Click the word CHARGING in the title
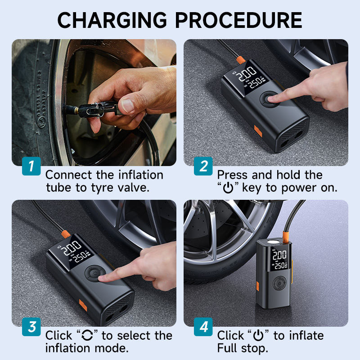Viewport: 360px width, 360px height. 112,20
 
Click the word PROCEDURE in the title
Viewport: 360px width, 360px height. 239,20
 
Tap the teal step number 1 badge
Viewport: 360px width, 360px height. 31,166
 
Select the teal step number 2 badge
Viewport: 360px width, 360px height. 203,166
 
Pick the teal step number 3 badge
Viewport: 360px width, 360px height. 31,327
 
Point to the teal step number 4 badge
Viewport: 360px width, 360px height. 203,327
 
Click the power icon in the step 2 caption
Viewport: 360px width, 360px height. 228,188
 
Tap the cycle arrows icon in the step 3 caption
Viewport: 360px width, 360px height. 87,335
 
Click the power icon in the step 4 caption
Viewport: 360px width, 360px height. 258,335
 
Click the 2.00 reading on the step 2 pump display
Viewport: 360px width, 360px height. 247,74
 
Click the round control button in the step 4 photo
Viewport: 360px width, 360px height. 279,283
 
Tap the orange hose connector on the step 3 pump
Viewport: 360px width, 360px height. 66,234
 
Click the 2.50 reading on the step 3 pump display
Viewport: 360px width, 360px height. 81,256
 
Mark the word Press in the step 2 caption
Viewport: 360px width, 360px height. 233,175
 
